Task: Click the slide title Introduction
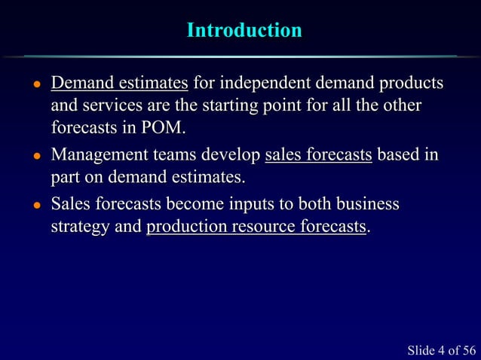coord(244,31)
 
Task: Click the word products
coord(412,83)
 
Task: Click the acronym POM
coord(161,127)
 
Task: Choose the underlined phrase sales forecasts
coord(319,156)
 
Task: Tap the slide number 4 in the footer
coord(440,349)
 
